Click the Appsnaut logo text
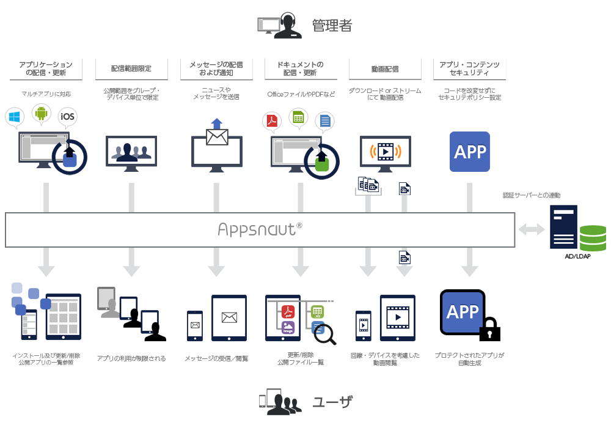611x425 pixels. [x=260, y=229]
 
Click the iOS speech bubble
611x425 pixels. [x=68, y=117]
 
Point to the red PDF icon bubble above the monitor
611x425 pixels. [x=271, y=120]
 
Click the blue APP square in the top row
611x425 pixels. [x=470, y=152]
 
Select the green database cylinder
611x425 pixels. [x=593, y=238]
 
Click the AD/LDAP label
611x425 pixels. [x=577, y=256]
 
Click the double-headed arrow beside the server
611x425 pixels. [x=531, y=230]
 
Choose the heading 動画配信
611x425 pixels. [x=385, y=68]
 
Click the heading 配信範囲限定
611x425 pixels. [x=131, y=68]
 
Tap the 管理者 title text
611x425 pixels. [x=332, y=25]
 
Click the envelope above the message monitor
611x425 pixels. [x=217, y=137]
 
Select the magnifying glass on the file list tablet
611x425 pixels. [x=324, y=333]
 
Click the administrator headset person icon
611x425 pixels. [x=288, y=26]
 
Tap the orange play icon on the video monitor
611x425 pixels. [x=385, y=150]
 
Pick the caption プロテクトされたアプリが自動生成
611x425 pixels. [x=469, y=358]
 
